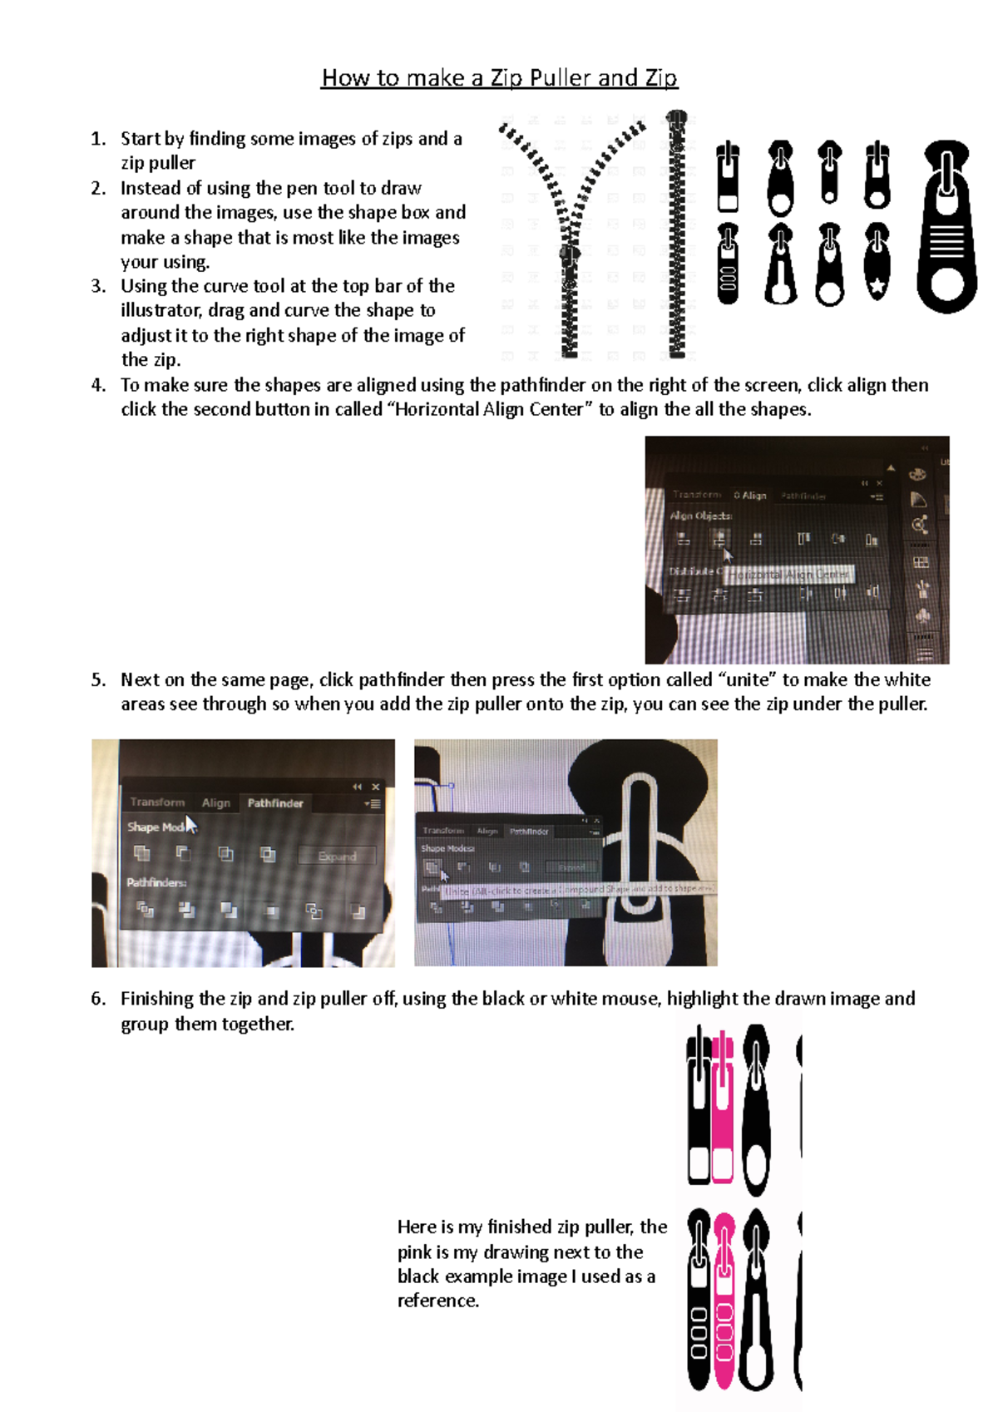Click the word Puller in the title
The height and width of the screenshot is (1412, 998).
(561, 78)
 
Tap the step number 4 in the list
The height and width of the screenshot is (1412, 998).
(99, 385)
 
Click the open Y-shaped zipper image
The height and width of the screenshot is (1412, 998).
(571, 237)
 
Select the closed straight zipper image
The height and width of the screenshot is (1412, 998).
(678, 235)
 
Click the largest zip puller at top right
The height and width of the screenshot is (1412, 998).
(946, 226)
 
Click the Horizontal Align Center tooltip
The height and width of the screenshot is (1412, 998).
(789, 575)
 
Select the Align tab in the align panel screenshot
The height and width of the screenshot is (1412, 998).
(751, 496)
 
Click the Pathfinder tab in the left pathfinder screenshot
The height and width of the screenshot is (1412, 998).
(274, 803)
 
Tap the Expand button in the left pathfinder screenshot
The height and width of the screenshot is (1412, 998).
(337, 857)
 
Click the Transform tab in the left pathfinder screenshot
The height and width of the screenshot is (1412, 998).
(157, 802)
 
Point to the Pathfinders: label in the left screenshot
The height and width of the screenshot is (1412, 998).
(156, 882)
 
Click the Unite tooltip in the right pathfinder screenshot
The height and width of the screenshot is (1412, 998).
(574, 890)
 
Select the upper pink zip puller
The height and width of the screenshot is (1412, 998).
(722, 1106)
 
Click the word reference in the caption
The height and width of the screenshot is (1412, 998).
(437, 1301)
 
